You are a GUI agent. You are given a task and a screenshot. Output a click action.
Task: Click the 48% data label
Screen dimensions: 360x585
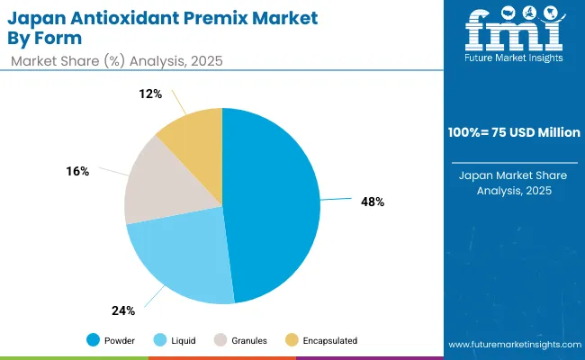click(x=372, y=202)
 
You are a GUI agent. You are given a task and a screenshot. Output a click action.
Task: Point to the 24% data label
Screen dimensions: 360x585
click(x=123, y=310)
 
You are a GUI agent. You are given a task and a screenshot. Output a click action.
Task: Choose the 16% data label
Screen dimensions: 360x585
click(x=77, y=171)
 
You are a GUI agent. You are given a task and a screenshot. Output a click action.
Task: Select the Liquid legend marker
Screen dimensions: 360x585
click(x=161, y=340)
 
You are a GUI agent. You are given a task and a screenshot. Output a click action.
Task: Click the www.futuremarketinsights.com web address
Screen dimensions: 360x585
click(x=512, y=345)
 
